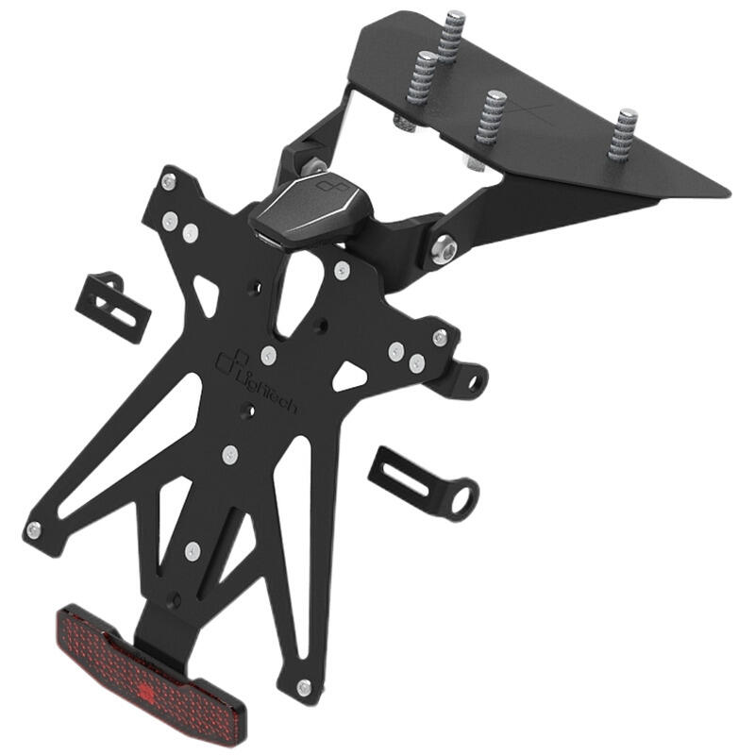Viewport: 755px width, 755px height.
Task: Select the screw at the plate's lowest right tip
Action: (x=302, y=686)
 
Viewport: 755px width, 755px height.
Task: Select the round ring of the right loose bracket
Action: (x=461, y=497)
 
